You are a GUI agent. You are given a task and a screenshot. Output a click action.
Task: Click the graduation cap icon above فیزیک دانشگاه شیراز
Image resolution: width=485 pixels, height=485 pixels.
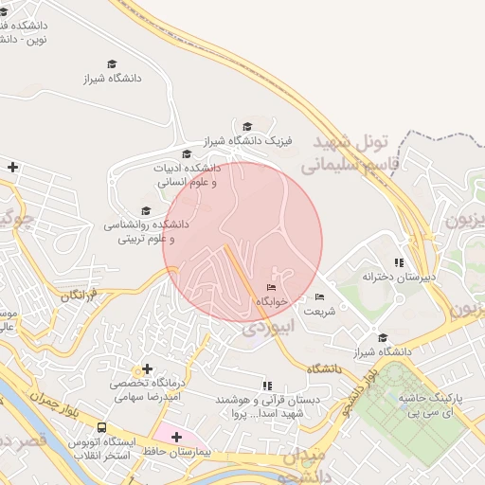point(248,127)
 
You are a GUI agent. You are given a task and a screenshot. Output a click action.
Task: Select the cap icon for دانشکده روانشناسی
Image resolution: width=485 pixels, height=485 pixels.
point(146,211)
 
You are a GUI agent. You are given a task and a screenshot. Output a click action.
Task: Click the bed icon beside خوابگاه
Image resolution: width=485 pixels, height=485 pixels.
point(272,288)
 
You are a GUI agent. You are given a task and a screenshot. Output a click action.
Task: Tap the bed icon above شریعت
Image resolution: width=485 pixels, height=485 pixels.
point(318,297)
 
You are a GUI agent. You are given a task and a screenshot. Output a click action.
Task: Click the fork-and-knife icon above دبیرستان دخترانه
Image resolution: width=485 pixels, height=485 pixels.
point(399,262)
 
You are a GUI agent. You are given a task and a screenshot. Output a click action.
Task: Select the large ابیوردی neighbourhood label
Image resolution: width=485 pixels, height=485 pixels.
point(268,326)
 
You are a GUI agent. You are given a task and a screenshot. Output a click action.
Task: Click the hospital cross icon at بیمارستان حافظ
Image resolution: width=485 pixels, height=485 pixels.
point(176,437)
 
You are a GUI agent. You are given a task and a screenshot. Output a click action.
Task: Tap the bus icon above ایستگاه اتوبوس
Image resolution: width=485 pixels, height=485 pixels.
point(102,429)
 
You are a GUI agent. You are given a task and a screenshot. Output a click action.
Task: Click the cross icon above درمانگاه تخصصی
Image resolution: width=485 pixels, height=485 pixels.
point(146,368)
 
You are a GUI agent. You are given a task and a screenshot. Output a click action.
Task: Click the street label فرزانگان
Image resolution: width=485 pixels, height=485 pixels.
point(79,296)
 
